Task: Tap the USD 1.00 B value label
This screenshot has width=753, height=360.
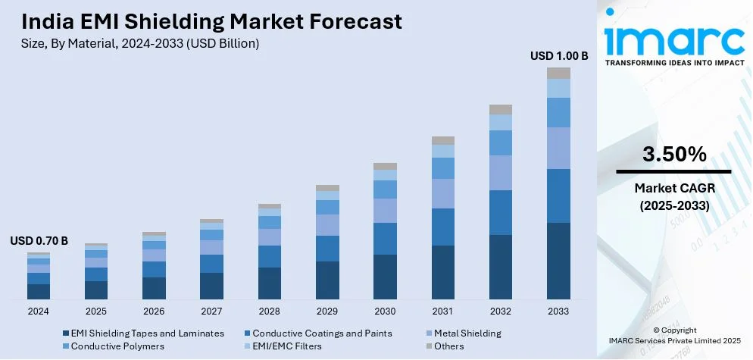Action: point(559,55)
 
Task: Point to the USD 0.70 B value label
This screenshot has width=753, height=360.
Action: point(39,241)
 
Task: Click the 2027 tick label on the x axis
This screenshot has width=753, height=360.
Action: point(211,311)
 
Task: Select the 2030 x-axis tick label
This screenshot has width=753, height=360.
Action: point(385,311)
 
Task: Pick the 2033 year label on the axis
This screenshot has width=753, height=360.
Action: point(558,311)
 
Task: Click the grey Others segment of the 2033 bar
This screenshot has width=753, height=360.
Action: point(558,73)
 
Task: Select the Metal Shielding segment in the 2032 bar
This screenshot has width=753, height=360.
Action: point(501,173)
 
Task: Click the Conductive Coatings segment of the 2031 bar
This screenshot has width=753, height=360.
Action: point(443,227)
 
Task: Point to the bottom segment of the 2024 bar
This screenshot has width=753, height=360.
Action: point(39,291)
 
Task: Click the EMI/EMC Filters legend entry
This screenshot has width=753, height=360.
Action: point(286,346)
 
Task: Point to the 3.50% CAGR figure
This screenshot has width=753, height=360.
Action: point(674,155)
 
